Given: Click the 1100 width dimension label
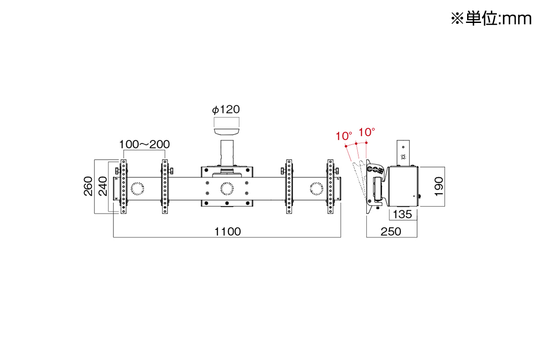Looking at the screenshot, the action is coord(227,232).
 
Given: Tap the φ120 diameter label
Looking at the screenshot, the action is coord(226,109).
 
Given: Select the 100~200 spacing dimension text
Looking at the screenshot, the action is coord(144,144).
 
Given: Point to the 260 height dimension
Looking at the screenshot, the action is coord(88,186).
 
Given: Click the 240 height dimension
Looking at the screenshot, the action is coord(103,186).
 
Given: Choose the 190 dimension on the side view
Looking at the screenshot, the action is coord(439,187).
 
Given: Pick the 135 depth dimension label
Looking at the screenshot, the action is coord(403,214).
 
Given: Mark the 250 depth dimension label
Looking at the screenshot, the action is coord(391,232).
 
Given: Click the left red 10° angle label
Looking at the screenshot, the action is coord(344,136).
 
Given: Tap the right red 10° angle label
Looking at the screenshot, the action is coord(367,132).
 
